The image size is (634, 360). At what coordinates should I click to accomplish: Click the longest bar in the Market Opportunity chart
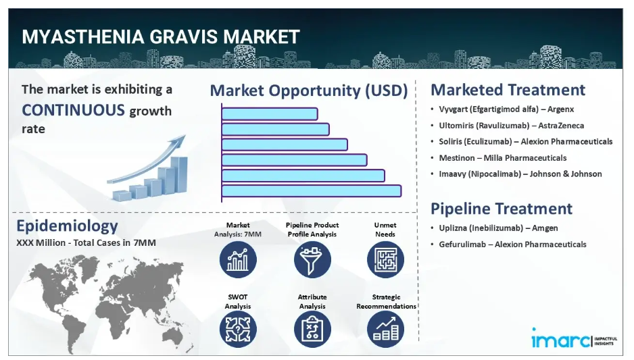(x=312, y=190)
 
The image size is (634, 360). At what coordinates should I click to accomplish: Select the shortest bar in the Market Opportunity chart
(x=270, y=114)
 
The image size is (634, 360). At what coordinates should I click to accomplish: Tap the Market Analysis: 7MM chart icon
(x=238, y=259)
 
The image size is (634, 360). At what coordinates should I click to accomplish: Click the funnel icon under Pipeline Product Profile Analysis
(x=312, y=259)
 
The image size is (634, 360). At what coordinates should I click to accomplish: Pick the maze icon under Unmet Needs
(x=385, y=259)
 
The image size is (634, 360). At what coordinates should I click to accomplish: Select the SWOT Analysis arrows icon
(x=238, y=330)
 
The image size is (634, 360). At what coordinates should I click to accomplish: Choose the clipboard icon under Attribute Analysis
(x=312, y=330)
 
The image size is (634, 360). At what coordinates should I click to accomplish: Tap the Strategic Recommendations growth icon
(x=385, y=330)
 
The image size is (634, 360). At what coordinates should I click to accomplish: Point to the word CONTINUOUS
(x=73, y=110)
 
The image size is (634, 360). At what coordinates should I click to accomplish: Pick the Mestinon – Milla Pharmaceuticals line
(x=503, y=158)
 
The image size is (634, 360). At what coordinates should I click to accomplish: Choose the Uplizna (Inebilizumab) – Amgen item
(x=498, y=228)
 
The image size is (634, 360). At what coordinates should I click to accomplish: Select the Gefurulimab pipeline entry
(x=512, y=245)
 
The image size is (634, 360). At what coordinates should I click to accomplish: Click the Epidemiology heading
(x=67, y=226)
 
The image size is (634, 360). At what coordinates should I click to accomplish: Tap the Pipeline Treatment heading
(x=502, y=209)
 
